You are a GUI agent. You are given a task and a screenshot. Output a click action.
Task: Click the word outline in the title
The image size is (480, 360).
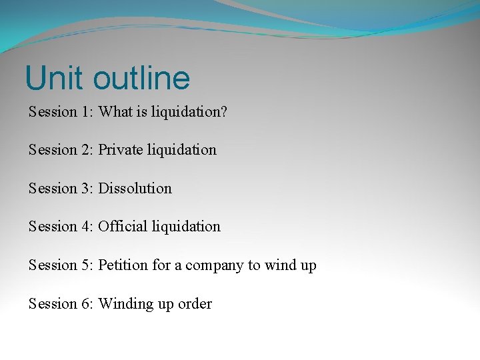point(141,78)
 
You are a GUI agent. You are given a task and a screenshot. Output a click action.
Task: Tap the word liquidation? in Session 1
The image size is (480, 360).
point(189,111)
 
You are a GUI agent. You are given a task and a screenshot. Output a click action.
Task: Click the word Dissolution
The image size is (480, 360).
point(135,189)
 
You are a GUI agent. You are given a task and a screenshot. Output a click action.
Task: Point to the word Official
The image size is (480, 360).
point(123,227)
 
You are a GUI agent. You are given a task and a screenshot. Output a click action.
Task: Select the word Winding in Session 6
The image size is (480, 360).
point(125,304)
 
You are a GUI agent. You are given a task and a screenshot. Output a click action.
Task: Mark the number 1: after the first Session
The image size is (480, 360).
point(88,111)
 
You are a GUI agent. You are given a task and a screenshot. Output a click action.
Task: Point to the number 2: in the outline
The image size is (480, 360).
point(88,150)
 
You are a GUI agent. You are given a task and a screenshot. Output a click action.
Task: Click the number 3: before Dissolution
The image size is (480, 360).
point(88,189)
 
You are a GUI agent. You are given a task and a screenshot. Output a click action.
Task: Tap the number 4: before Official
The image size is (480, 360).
point(88,227)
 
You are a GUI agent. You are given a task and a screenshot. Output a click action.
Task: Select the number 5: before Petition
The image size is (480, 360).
point(88,265)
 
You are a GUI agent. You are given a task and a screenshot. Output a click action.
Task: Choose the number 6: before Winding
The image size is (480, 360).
point(88,304)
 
